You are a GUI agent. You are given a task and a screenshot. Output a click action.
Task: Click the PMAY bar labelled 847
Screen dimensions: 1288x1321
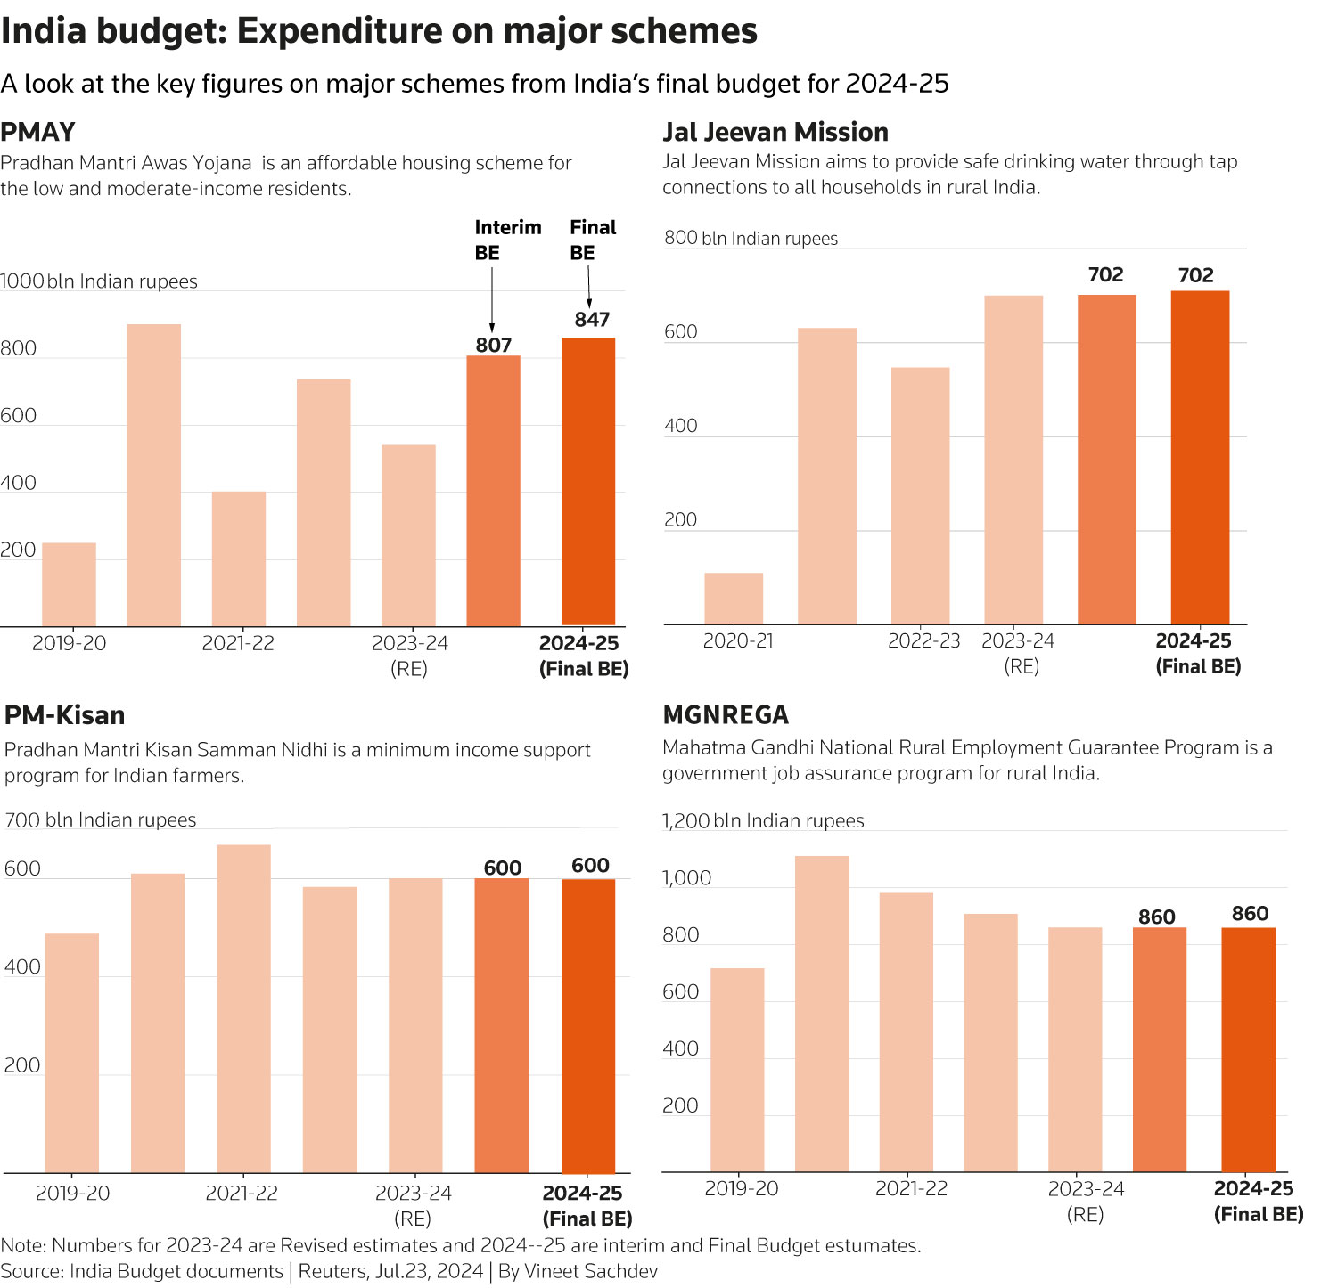pyautogui.click(x=588, y=481)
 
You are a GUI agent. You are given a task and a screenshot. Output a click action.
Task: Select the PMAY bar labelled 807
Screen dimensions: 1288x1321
pyautogui.click(x=493, y=490)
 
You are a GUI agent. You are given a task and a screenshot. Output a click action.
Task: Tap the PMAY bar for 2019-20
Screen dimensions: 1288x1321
pyautogui.click(x=69, y=584)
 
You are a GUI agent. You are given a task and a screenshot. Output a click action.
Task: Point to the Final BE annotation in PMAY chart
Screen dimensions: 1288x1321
pyautogui.click(x=593, y=240)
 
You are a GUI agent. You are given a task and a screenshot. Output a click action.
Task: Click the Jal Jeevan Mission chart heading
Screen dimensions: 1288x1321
pyautogui.click(x=775, y=132)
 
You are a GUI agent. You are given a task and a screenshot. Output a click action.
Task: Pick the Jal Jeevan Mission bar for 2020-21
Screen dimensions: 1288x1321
pyautogui.click(x=734, y=599)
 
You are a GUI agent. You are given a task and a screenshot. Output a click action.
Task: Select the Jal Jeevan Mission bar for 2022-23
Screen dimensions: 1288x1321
pyautogui.click(x=920, y=495)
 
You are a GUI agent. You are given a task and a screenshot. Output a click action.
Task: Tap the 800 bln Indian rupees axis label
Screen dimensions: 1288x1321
pyautogui.click(x=751, y=239)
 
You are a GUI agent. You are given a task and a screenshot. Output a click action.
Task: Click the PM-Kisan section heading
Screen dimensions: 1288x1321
pyautogui.click(x=64, y=715)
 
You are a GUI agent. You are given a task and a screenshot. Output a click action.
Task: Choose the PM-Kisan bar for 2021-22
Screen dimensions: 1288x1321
pyautogui.click(x=243, y=1008)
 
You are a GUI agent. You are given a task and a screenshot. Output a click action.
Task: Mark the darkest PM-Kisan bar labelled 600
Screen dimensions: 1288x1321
pyautogui.click(x=588, y=1026)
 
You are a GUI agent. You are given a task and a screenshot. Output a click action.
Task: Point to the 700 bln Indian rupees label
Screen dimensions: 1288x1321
pyautogui.click(x=100, y=820)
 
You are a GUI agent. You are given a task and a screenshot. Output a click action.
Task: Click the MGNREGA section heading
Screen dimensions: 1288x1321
pyautogui.click(x=726, y=715)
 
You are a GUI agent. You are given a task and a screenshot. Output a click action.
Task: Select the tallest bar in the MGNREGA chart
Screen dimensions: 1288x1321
pyautogui.click(x=822, y=1014)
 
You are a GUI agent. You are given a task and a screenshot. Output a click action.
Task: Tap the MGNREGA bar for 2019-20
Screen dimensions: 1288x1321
pyautogui.click(x=737, y=1069)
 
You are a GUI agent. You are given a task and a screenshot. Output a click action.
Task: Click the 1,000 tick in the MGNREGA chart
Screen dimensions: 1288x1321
pyautogui.click(x=686, y=878)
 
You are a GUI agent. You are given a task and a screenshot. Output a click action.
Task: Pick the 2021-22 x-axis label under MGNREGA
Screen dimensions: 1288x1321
pyautogui.click(x=911, y=1188)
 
